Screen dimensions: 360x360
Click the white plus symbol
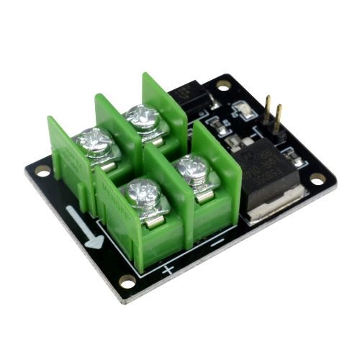[x=168, y=271]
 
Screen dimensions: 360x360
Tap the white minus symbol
[x=217, y=243]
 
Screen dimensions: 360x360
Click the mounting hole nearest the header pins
[x=224, y=85]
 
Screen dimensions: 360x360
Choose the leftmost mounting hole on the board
[x=42, y=171]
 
